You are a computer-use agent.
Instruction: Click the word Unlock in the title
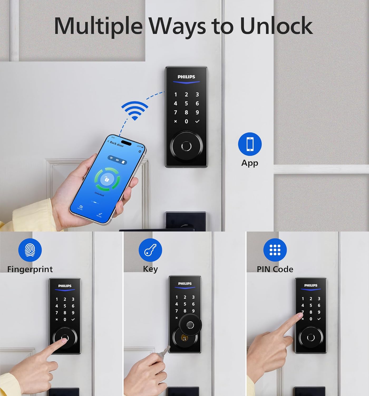pyautogui.click(x=276, y=26)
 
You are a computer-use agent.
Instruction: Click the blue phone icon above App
pyautogui.click(x=250, y=144)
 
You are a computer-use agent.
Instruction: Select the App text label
pyautogui.click(x=250, y=163)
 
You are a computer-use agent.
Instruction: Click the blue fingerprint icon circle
pyautogui.click(x=30, y=250)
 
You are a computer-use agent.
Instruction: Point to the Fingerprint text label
pyautogui.click(x=30, y=269)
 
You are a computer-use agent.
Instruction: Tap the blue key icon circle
pyautogui.click(x=150, y=250)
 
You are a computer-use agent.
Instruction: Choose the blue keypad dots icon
pyautogui.click(x=275, y=250)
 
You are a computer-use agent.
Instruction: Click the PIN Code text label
pyautogui.click(x=275, y=269)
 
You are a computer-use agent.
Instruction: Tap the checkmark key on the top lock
pyautogui.click(x=197, y=121)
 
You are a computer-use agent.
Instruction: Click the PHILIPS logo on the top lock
pyautogui.click(x=186, y=77)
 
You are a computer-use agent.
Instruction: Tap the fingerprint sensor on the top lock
pyautogui.click(x=186, y=146)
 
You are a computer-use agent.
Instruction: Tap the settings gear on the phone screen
pyautogui.click(x=140, y=152)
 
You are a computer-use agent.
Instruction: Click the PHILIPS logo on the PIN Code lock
pyautogui.click(x=311, y=285)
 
